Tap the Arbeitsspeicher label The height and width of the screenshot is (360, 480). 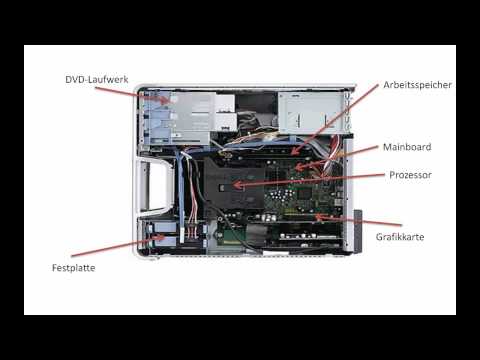417,85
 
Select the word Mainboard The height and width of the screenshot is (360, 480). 406,147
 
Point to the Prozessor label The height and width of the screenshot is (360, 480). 409,174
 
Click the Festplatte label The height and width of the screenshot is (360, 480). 80,268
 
